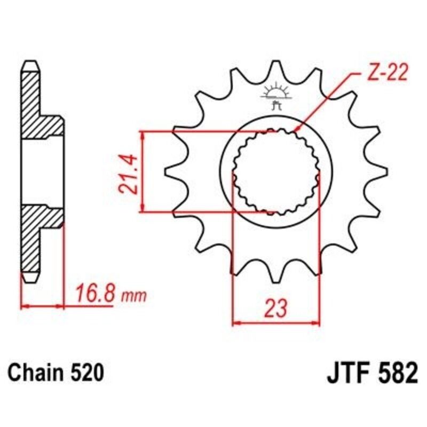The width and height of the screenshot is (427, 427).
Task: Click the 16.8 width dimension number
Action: tap(96, 295)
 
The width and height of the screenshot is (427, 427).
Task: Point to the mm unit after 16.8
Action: tap(133, 296)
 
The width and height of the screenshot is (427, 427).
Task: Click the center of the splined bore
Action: tap(276, 171)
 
